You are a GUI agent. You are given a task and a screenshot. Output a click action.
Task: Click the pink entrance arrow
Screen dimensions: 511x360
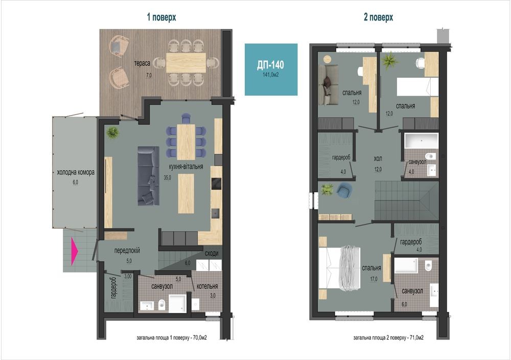[74, 251]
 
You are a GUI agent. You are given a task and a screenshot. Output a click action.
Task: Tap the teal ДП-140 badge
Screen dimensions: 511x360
[271, 70]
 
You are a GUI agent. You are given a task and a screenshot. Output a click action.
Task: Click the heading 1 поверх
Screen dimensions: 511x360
[161, 17]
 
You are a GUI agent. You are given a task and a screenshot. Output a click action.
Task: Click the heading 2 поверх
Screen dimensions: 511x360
[378, 17]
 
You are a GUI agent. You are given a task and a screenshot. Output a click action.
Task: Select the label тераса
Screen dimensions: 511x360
[142, 63]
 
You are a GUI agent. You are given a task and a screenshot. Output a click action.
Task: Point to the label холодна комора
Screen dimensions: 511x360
[76, 172]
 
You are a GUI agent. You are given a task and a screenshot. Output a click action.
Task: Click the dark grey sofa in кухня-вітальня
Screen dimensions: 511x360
[148, 176]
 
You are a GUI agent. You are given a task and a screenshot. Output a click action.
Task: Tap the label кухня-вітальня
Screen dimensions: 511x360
[186, 166]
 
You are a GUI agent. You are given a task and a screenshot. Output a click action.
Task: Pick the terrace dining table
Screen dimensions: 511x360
[186, 62]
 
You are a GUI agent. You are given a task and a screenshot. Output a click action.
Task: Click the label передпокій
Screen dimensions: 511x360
[127, 251]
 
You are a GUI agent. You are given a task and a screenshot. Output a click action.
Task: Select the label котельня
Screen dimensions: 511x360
[207, 286]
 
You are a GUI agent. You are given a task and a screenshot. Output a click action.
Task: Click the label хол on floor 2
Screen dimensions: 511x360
[378, 159]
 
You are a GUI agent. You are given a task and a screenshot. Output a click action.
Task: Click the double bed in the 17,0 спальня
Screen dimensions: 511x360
[339, 267]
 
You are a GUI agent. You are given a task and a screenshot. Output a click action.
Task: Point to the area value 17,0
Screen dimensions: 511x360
[374, 279]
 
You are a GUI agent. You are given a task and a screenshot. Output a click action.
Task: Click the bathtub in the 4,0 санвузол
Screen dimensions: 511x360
[422, 141]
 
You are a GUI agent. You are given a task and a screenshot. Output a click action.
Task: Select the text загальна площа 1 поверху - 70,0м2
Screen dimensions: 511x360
[172, 337]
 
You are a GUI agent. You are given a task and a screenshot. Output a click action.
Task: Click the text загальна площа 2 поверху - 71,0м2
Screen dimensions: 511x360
[388, 337]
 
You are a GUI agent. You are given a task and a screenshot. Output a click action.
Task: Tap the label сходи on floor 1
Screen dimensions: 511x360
[212, 253]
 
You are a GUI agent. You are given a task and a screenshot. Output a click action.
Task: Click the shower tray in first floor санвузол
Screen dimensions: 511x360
[177, 303]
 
